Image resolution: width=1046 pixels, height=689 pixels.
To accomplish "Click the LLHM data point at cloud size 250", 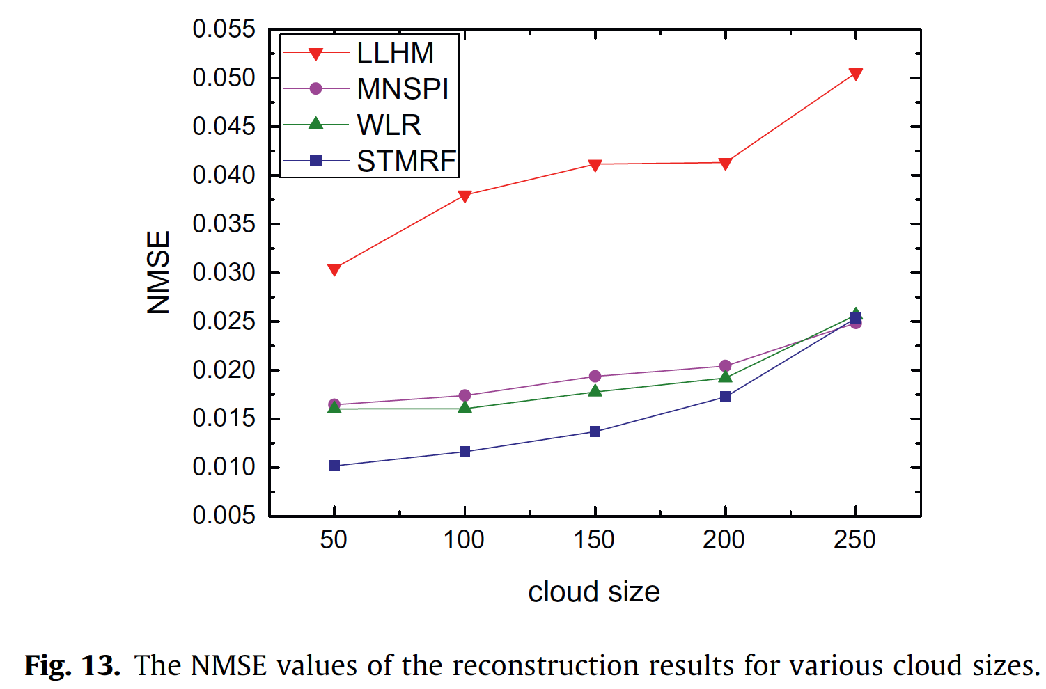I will click(856, 74).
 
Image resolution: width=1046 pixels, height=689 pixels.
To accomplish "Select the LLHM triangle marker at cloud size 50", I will click(334, 269).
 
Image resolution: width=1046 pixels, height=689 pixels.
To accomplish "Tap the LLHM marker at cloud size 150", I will click(595, 165).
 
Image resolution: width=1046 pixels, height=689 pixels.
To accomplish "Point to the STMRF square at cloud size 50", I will click(334, 466).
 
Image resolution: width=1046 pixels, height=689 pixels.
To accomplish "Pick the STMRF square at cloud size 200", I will click(725, 397).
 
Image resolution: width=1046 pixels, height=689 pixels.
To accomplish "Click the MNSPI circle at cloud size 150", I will click(595, 377).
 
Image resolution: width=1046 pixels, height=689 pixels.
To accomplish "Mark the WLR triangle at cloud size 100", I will click(465, 407).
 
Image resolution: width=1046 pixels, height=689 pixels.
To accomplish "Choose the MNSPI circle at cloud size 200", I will click(725, 366).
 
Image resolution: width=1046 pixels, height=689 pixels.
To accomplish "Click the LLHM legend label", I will click(395, 53).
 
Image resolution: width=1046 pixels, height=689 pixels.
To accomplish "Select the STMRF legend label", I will click(406, 161).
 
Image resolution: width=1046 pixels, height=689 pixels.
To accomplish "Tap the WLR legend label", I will click(389, 125).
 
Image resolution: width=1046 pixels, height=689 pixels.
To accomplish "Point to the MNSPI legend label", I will click(403, 89).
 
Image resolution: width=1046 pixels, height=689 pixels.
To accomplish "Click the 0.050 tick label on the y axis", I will click(224, 78).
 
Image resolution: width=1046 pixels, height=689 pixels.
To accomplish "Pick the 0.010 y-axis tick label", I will click(224, 467).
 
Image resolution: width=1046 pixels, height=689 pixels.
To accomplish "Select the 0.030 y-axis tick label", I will click(224, 273).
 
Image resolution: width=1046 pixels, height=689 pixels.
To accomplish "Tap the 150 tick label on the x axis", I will click(594, 540).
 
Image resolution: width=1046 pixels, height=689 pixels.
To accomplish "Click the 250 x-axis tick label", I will click(854, 540).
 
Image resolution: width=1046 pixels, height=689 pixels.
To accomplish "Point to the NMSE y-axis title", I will click(159, 272).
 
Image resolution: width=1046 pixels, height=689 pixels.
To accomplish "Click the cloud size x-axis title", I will click(593, 592).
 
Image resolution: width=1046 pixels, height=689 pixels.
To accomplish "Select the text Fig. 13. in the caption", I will click(72, 666).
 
